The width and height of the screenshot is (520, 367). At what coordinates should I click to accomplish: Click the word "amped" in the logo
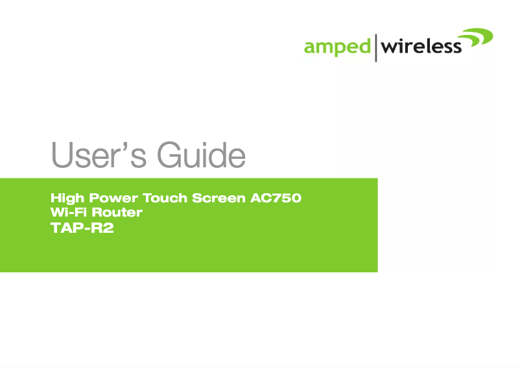[337, 47]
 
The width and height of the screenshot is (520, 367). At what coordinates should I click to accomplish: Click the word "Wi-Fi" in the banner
[67, 213]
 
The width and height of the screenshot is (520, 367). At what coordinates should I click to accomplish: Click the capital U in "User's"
[62, 156]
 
